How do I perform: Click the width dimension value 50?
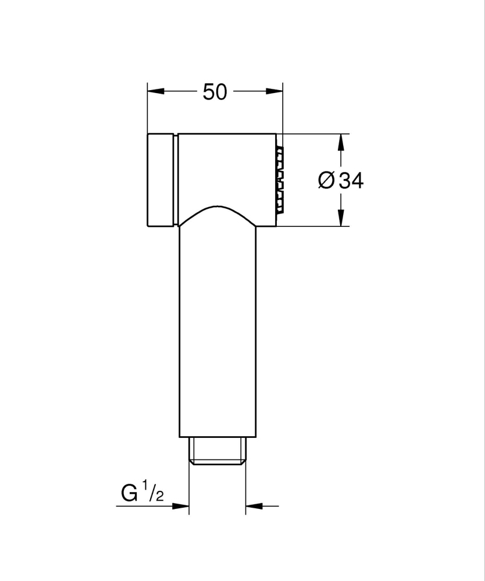[215, 91]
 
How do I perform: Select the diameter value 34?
[350, 181]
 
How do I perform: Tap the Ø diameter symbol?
[326, 181]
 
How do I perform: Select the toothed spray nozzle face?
[280, 180]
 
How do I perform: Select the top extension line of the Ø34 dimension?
[314, 134]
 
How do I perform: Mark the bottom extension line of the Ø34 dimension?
[314, 226]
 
